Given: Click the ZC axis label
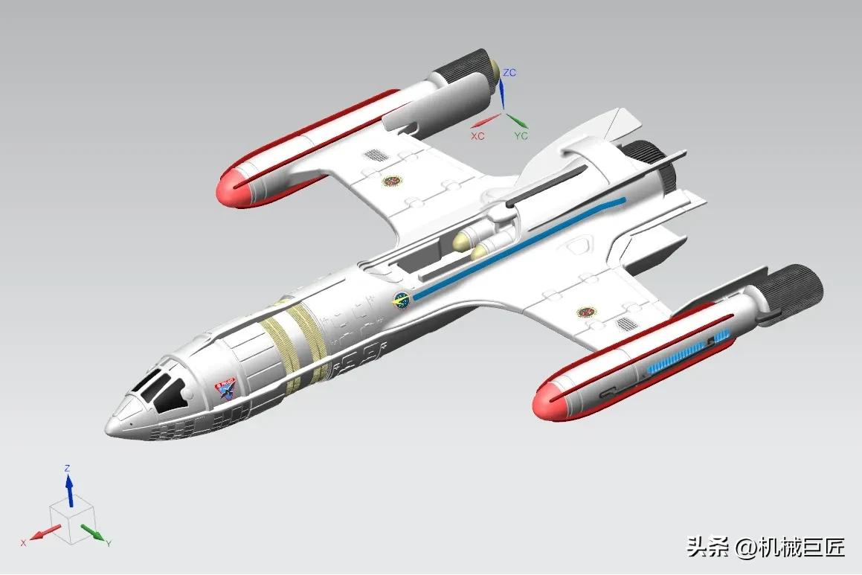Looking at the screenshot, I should point(509,72).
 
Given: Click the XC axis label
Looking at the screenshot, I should point(477,136).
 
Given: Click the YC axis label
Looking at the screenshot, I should point(521,136).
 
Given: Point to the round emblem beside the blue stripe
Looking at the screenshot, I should point(402,300).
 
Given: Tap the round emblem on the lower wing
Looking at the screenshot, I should point(587,312).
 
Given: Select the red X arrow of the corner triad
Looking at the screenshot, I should point(47,533).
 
